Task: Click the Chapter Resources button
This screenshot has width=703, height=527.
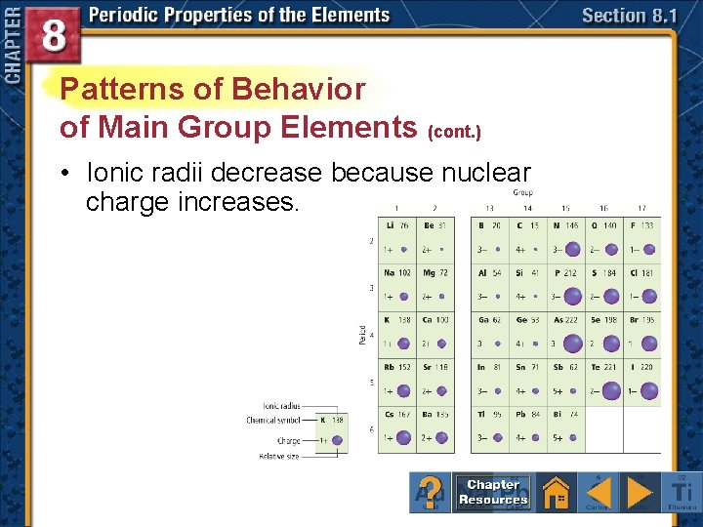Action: [x=493, y=492]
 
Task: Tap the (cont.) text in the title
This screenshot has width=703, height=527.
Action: [x=453, y=130]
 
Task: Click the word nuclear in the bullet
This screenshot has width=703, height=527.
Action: [x=481, y=174]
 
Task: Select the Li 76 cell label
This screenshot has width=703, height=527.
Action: [x=395, y=225]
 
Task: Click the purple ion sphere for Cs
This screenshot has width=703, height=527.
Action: [x=401, y=438]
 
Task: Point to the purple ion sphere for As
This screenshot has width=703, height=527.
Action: [x=571, y=344]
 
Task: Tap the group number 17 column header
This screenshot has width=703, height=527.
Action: [x=641, y=207]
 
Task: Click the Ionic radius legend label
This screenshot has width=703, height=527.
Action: [x=281, y=406]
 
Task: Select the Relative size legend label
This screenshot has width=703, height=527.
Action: [x=280, y=456]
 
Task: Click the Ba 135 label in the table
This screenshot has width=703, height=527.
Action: [x=435, y=414]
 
